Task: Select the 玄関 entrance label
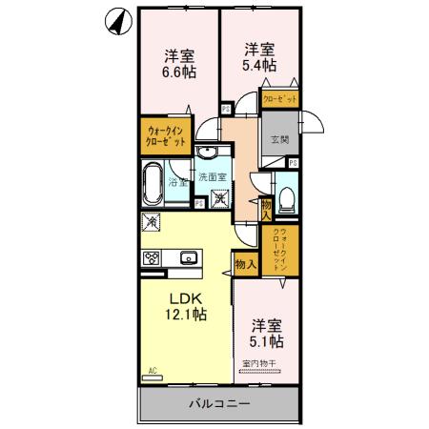coord(279,140)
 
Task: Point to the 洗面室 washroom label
coord(212,177)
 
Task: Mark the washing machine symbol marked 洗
coord(220,198)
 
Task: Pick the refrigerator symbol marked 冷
coord(151,222)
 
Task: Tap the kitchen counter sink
coord(188,255)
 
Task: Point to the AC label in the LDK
coord(151,369)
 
